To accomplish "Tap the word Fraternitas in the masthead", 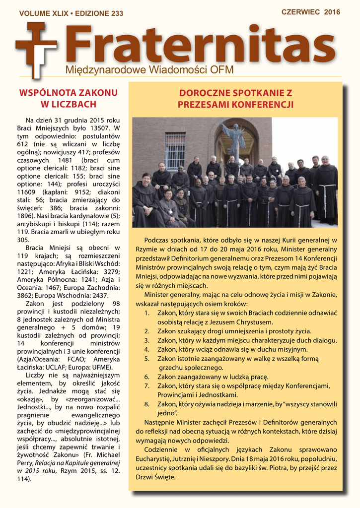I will tap(199, 45).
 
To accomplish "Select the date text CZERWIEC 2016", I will tap(311, 12).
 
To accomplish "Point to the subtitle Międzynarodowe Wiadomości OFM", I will tap(149, 69).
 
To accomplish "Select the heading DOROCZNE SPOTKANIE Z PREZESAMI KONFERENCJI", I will tap(235, 99).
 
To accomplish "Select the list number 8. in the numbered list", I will tap(147, 404).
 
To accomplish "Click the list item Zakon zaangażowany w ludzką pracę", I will tap(213, 377).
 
